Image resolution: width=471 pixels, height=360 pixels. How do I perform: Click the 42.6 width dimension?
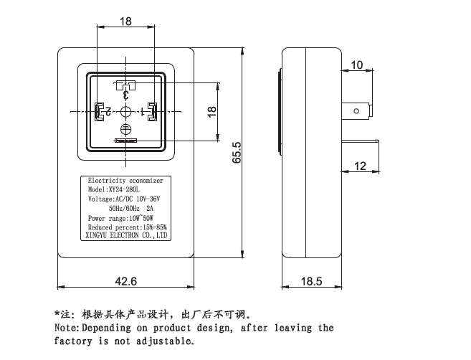click(125, 282)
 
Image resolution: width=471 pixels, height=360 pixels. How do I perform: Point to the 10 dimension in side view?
click(357, 65)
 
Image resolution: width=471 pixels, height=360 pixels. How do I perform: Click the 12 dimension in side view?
click(359, 166)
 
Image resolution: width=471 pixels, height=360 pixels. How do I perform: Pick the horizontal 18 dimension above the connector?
click(125, 22)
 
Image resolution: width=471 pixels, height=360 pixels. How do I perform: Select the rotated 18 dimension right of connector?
click(211, 112)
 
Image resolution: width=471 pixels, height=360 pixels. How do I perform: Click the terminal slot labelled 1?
click(152, 111)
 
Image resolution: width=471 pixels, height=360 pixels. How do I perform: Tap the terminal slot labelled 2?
click(98, 112)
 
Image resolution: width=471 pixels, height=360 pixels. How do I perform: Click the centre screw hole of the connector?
click(125, 112)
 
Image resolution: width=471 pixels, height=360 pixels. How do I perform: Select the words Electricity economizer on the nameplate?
click(125, 180)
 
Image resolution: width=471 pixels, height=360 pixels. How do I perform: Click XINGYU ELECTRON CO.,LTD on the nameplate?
click(126, 235)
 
